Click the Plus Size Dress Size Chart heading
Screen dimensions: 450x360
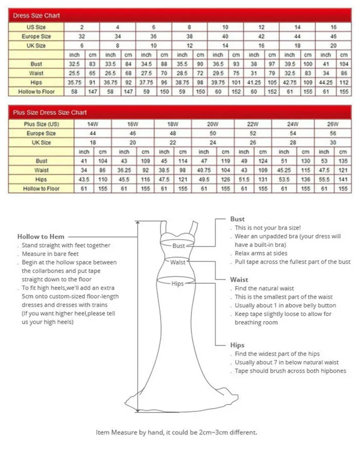(50, 113)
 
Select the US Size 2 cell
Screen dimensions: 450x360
(82, 27)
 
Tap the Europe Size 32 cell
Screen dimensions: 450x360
(82, 37)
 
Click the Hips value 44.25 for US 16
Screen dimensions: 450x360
(326, 82)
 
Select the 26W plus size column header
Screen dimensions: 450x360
(333, 124)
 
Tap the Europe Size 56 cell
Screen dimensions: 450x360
(333, 133)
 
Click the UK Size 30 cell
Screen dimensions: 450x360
(333, 142)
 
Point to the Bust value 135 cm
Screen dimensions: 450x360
(343, 161)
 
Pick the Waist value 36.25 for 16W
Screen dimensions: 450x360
(124, 170)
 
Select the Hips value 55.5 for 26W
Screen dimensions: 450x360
(324, 179)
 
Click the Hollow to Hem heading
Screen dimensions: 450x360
(35, 237)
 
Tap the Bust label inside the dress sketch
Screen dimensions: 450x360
(178, 246)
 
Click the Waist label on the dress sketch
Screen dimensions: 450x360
(178, 263)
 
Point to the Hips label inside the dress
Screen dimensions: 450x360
(177, 283)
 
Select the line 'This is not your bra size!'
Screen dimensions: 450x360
(267, 227)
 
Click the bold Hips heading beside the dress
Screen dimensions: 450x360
(237, 345)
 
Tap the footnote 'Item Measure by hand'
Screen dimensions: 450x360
(176, 433)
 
